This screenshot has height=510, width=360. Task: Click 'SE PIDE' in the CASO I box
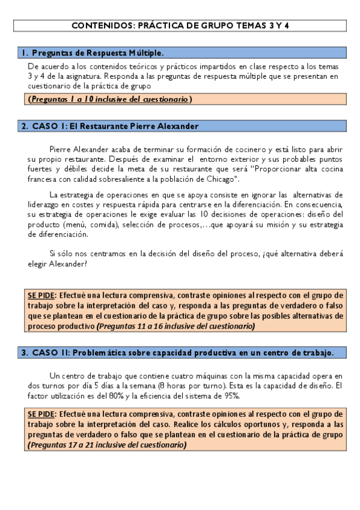41,295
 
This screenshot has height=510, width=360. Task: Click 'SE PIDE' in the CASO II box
41,414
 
